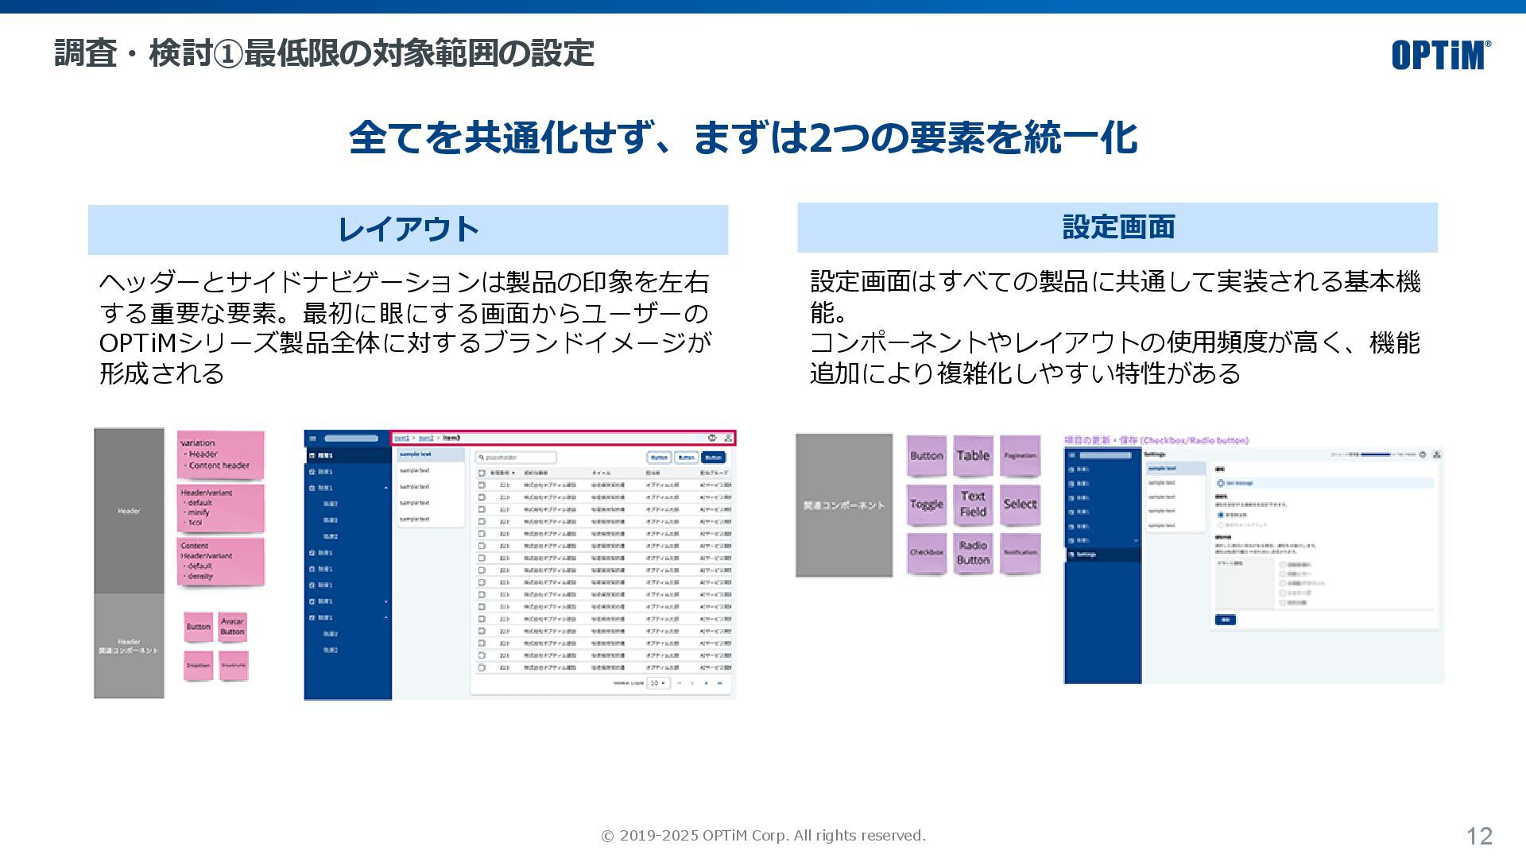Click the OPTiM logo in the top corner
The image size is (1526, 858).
pos(1440,55)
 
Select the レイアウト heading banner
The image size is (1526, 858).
pos(408,230)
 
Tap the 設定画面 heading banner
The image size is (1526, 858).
pos(1117,227)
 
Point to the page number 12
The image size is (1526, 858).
pos(1479,836)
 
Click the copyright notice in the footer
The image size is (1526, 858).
pos(763,836)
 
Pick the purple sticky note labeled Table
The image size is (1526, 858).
pos(973,456)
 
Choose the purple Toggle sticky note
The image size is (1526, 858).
pos(927,504)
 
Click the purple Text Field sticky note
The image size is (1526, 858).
pos(973,504)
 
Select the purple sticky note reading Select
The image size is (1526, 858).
pos(1020,504)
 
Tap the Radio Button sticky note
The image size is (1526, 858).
pos(973,553)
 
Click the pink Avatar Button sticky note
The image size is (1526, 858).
pos(232,627)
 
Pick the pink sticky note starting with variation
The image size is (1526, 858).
pos(220,454)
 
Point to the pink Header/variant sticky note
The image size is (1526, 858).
pos(220,508)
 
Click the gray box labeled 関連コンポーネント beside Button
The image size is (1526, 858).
pos(844,505)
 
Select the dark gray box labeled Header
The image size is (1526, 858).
pos(129,511)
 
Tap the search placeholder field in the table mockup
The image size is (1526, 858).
pos(516,458)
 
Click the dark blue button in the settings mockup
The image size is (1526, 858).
pos(1225,620)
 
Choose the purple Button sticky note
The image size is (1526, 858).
pos(927,456)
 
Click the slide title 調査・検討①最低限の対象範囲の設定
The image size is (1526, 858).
pos(324,54)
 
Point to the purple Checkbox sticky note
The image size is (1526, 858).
pos(927,552)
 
